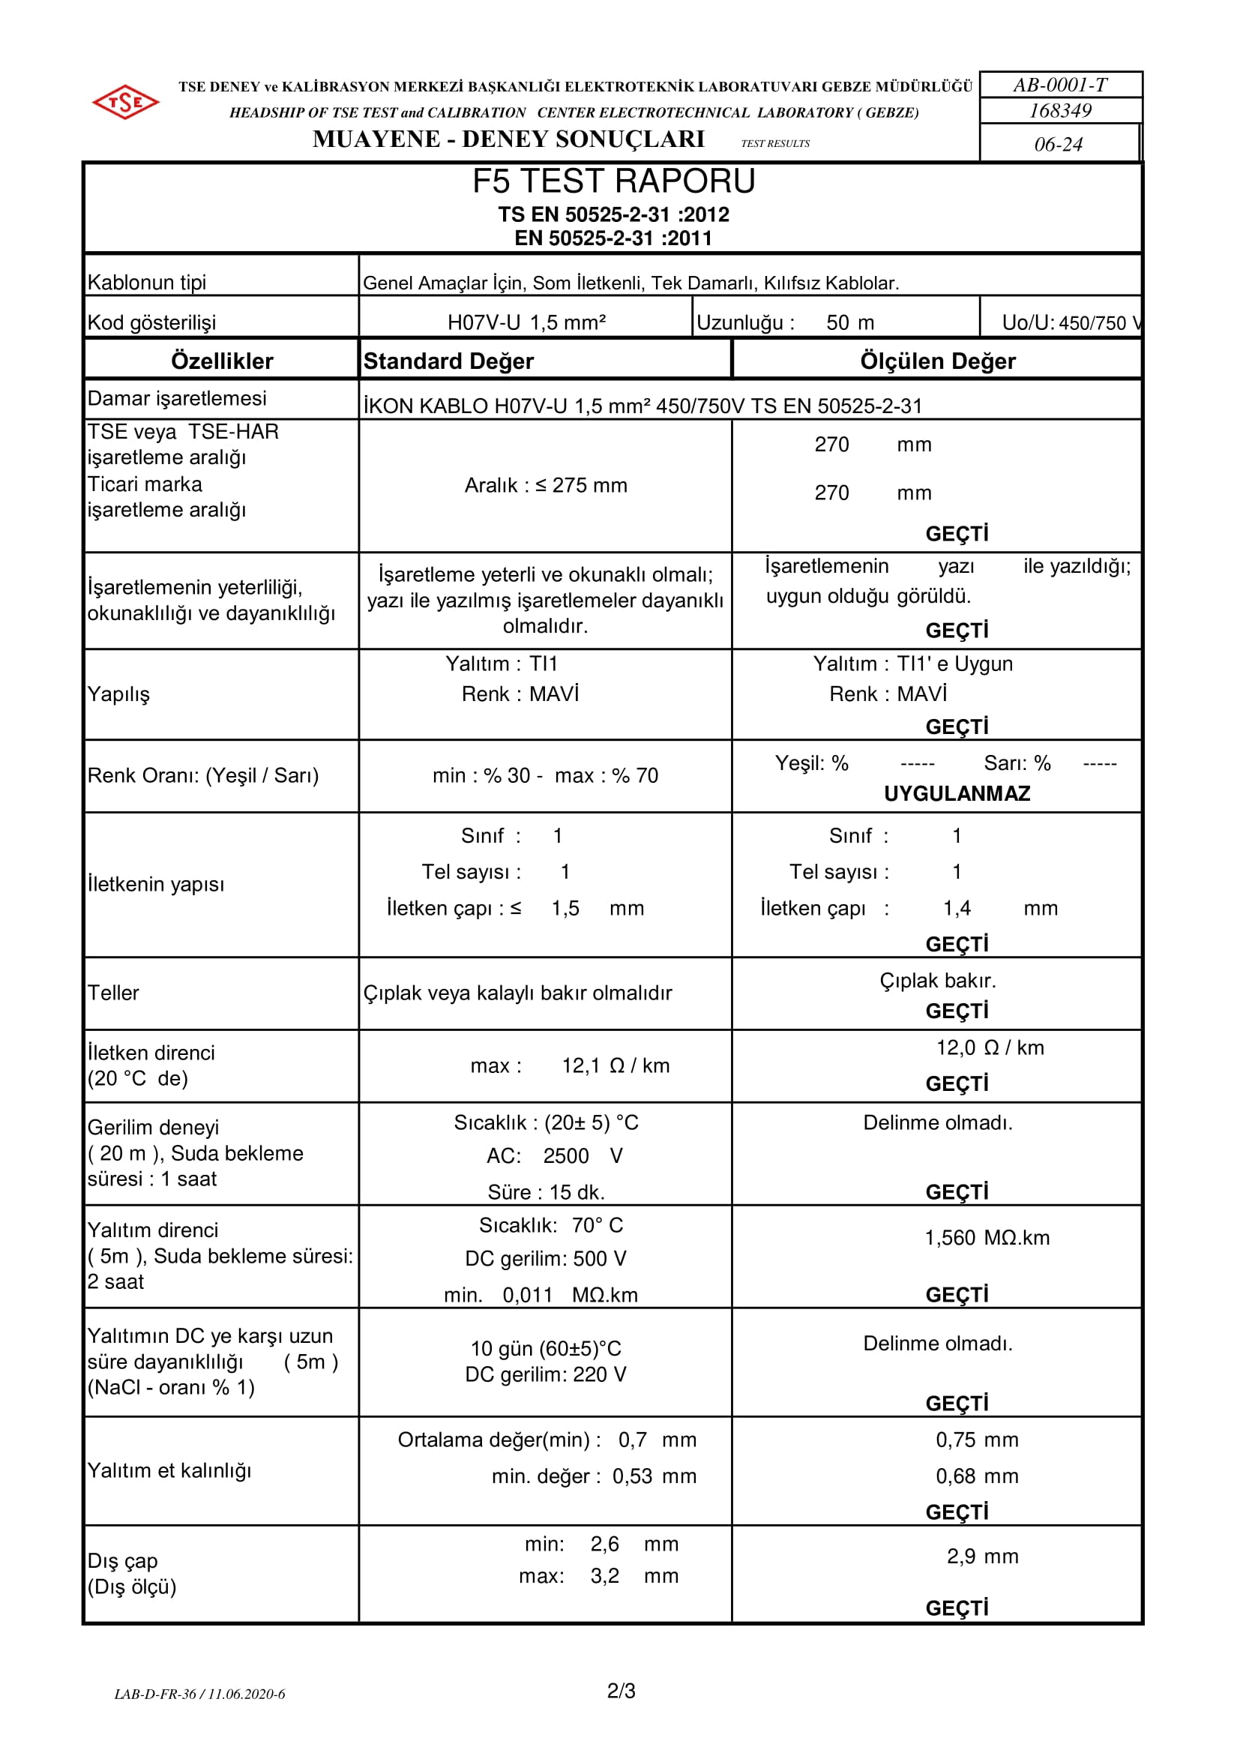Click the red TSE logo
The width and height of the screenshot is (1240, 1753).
tap(125, 101)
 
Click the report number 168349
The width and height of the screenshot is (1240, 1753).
tap(1060, 111)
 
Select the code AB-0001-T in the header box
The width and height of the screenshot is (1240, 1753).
tap(1060, 85)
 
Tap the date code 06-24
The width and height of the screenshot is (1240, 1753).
tap(1059, 144)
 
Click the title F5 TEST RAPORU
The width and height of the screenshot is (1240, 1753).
tap(613, 181)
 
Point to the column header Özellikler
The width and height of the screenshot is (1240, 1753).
tap(221, 361)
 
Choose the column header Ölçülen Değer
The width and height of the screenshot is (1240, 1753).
tap(937, 361)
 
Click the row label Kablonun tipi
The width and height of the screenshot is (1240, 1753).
tap(147, 283)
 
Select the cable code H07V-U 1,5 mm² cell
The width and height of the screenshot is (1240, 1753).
tap(526, 322)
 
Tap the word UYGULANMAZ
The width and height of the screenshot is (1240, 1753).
tap(957, 793)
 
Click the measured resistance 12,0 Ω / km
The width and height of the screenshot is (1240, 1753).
tap(990, 1047)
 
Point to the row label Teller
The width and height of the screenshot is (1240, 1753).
tap(113, 993)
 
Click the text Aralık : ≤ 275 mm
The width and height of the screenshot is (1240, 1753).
tap(545, 486)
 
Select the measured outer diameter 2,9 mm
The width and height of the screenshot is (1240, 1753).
tap(982, 1556)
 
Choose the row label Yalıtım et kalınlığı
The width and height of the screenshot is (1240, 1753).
tap(169, 1470)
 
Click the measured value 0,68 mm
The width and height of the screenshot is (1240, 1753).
tap(977, 1476)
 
